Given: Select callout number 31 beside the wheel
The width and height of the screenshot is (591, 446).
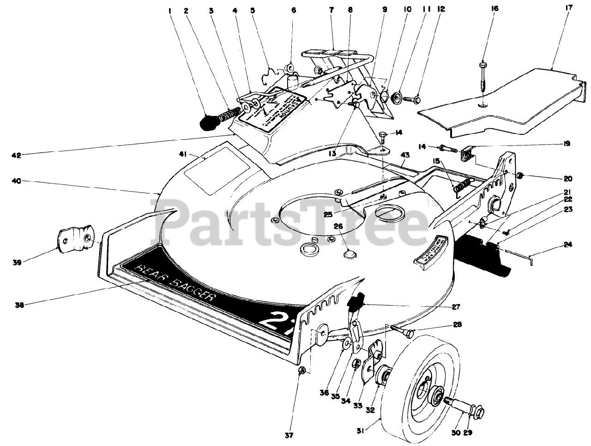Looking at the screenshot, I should (x=361, y=432).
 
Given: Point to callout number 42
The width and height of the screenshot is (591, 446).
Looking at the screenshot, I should (x=17, y=156).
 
